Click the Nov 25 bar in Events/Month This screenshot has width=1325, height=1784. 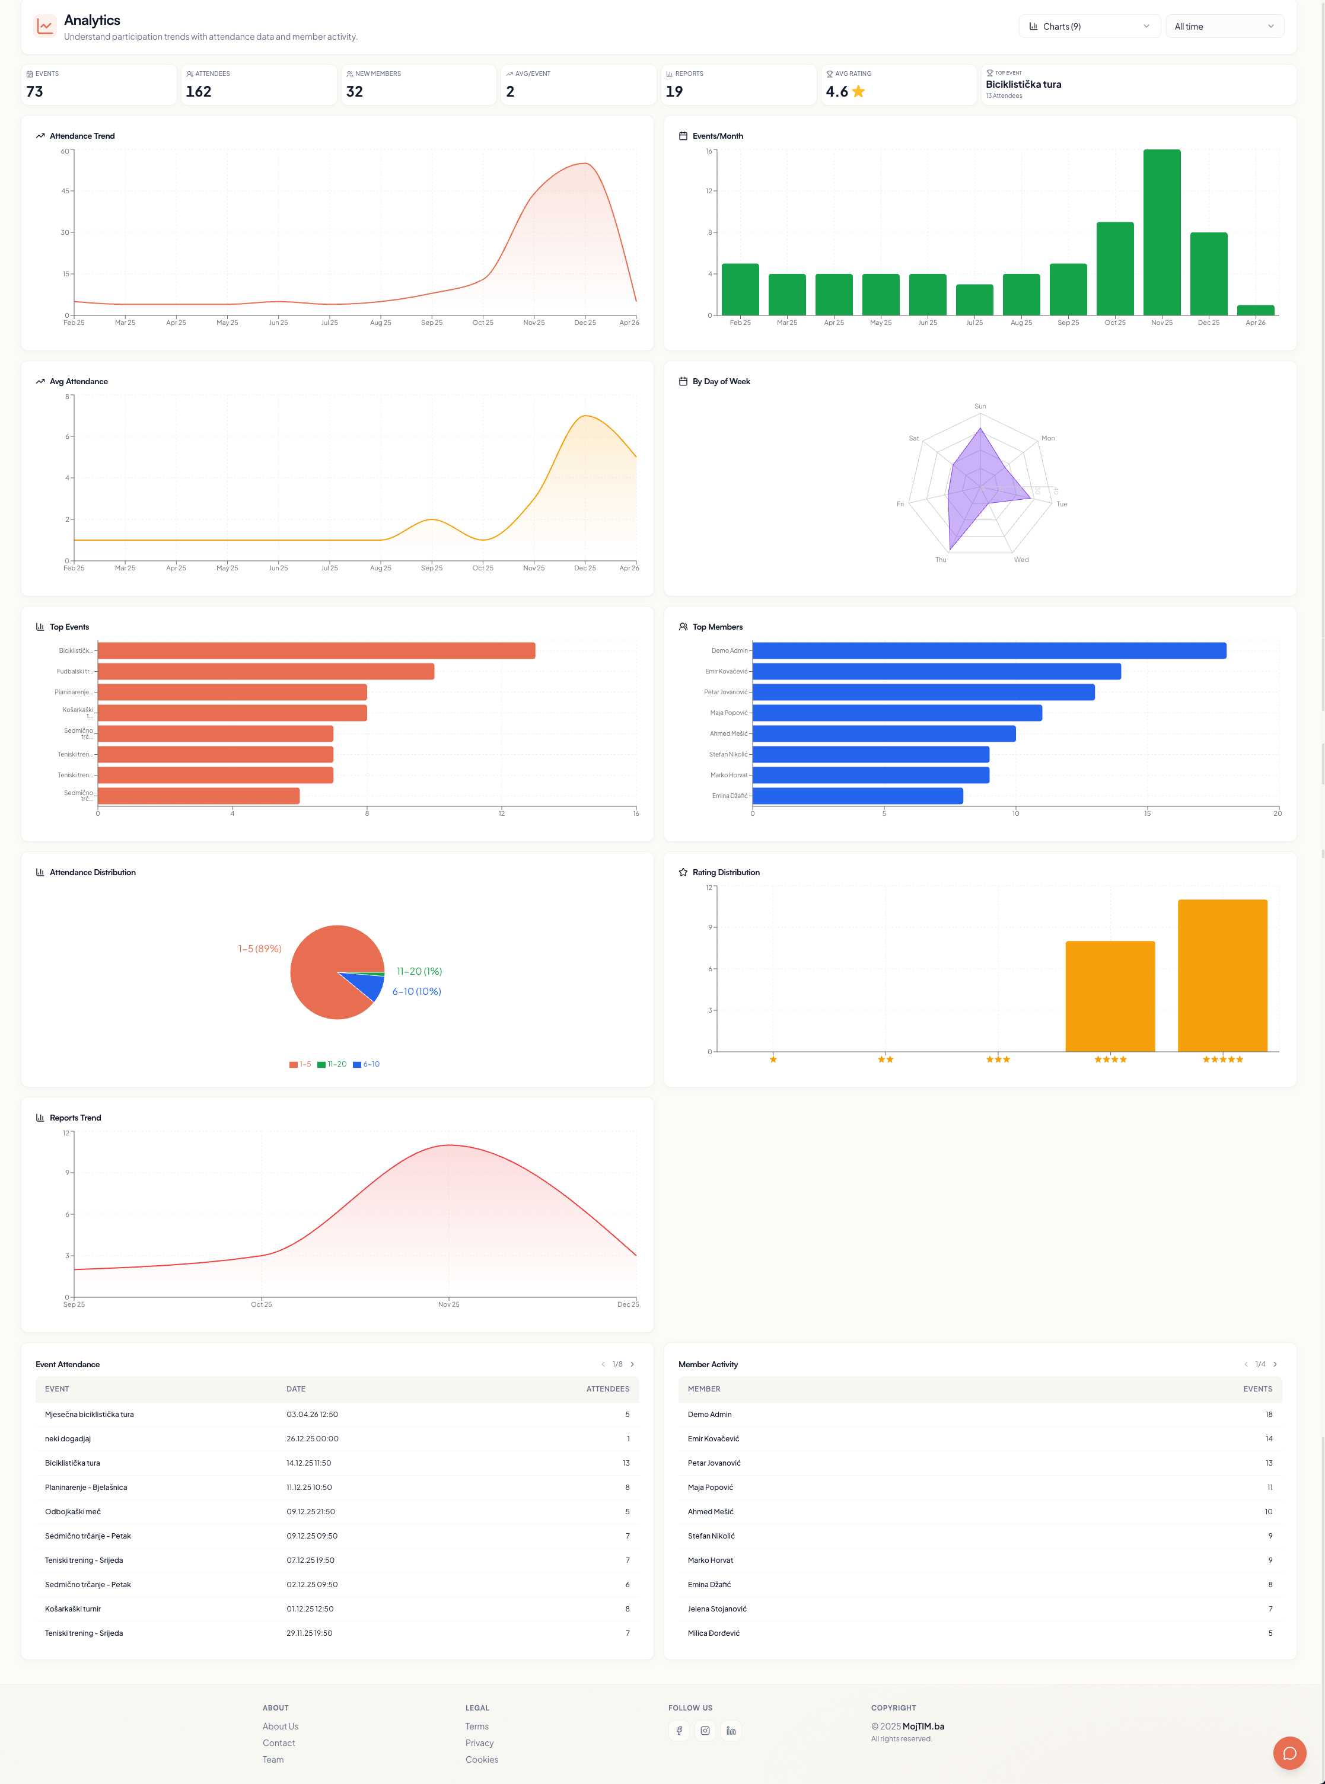point(1161,232)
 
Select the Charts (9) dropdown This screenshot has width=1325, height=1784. point(1088,27)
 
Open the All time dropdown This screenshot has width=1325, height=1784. point(1224,27)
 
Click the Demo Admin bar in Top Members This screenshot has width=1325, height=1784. point(988,650)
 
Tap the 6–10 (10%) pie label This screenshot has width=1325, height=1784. point(416,992)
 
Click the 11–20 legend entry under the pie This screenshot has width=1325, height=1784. point(332,1064)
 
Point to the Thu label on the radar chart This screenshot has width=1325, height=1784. point(940,560)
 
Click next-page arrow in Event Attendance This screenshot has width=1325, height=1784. point(632,1364)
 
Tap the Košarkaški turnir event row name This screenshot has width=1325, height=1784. point(73,1609)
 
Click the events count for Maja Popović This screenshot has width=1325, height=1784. point(1269,1488)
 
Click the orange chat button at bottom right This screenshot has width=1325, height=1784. point(1289,1753)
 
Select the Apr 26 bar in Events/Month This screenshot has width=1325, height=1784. point(1255,310)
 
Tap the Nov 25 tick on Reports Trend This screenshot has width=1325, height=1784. point(448,1304)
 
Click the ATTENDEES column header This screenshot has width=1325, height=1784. point(607,1389)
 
